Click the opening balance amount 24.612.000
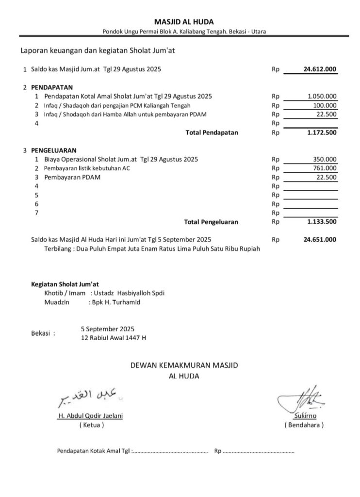pos(320,69)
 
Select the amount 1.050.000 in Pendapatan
pos(322,96)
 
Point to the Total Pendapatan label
pos(212,133)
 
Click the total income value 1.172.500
pos(322,133)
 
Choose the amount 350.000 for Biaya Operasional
pos(325,159)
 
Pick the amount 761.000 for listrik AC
pos(325,168)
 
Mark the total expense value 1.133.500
pos(322,222)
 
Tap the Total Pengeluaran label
pos(211,222)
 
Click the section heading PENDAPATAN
pos(52,87)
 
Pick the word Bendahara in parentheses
pos(304,425)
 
